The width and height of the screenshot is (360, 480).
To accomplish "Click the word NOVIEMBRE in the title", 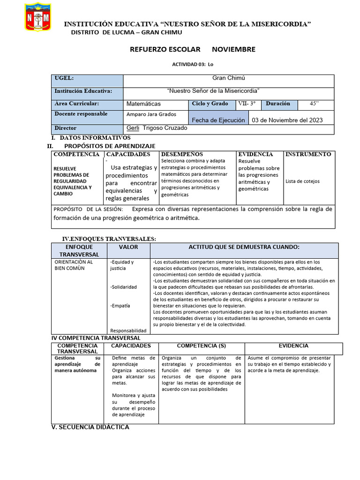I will pos(233,49).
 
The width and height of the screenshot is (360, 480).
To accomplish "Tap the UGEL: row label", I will pos(64,79).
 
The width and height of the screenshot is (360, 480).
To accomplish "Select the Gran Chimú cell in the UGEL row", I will pos(229,79).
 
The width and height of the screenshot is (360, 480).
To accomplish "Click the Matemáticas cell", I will pos(143,104).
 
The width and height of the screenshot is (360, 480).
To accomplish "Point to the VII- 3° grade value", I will pos(247,104).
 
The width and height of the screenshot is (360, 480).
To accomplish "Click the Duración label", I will pos(278,104).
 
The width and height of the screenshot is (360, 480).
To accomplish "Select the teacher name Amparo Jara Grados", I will pos(151,114).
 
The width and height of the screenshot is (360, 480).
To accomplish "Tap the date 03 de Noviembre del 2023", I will pos(287,120).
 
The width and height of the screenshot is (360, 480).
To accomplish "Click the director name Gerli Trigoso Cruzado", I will pos(157,128).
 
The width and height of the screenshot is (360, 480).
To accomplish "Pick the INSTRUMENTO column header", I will pos(308,154).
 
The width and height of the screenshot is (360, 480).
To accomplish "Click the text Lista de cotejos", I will pos(303,181).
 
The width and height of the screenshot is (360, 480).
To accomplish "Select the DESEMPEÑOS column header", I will pos(182,154).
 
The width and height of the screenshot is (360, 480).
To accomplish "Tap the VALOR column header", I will pos(128,247).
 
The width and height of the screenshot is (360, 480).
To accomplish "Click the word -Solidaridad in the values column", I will pos(123,286).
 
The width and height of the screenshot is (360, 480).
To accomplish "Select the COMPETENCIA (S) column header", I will pos(201,346).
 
